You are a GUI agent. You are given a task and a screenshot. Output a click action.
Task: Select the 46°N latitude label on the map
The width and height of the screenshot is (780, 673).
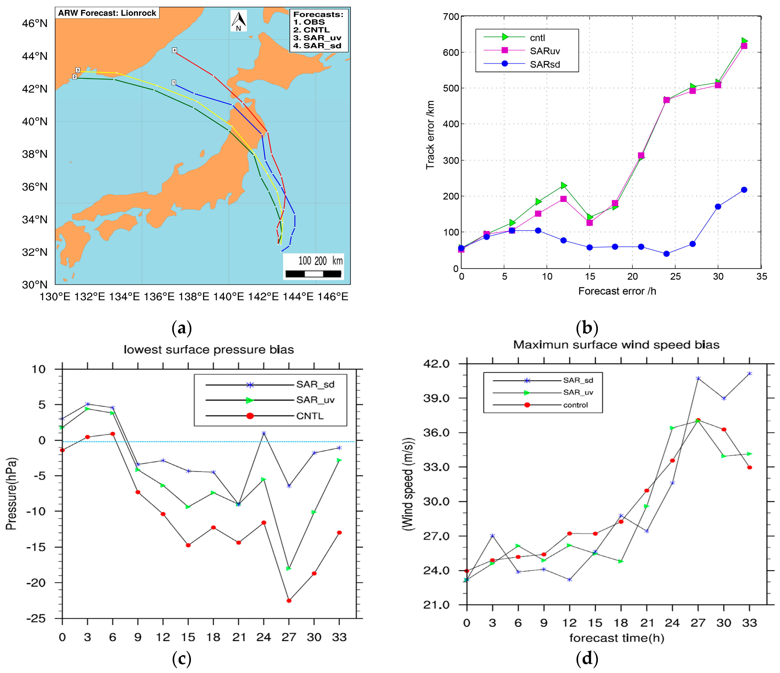(x=35, y=23)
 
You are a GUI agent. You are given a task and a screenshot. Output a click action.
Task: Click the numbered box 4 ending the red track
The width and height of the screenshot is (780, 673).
(x=174, y=50)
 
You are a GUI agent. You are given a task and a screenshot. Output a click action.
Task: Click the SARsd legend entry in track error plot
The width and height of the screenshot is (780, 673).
(x=544, y=64)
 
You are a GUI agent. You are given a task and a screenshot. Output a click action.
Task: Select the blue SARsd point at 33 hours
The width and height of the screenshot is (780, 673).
(x=744, y=190)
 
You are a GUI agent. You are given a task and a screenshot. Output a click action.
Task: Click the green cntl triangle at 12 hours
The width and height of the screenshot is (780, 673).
(x=564, y=185)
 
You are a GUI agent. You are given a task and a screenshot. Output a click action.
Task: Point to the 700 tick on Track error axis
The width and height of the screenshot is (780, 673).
(x=451, y=17)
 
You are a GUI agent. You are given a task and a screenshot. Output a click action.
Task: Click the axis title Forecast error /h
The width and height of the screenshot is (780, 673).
(x=617, y=291)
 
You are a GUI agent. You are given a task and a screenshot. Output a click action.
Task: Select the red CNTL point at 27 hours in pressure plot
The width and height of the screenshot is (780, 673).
(x=289, y=601)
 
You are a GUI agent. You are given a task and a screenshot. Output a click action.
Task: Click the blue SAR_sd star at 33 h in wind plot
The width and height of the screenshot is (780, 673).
(x=750, y=374)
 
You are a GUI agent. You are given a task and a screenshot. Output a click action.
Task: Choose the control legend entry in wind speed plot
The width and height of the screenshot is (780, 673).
(x=575, y=405)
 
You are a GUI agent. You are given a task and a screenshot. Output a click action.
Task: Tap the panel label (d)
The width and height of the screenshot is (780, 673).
(x=587, y=658)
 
